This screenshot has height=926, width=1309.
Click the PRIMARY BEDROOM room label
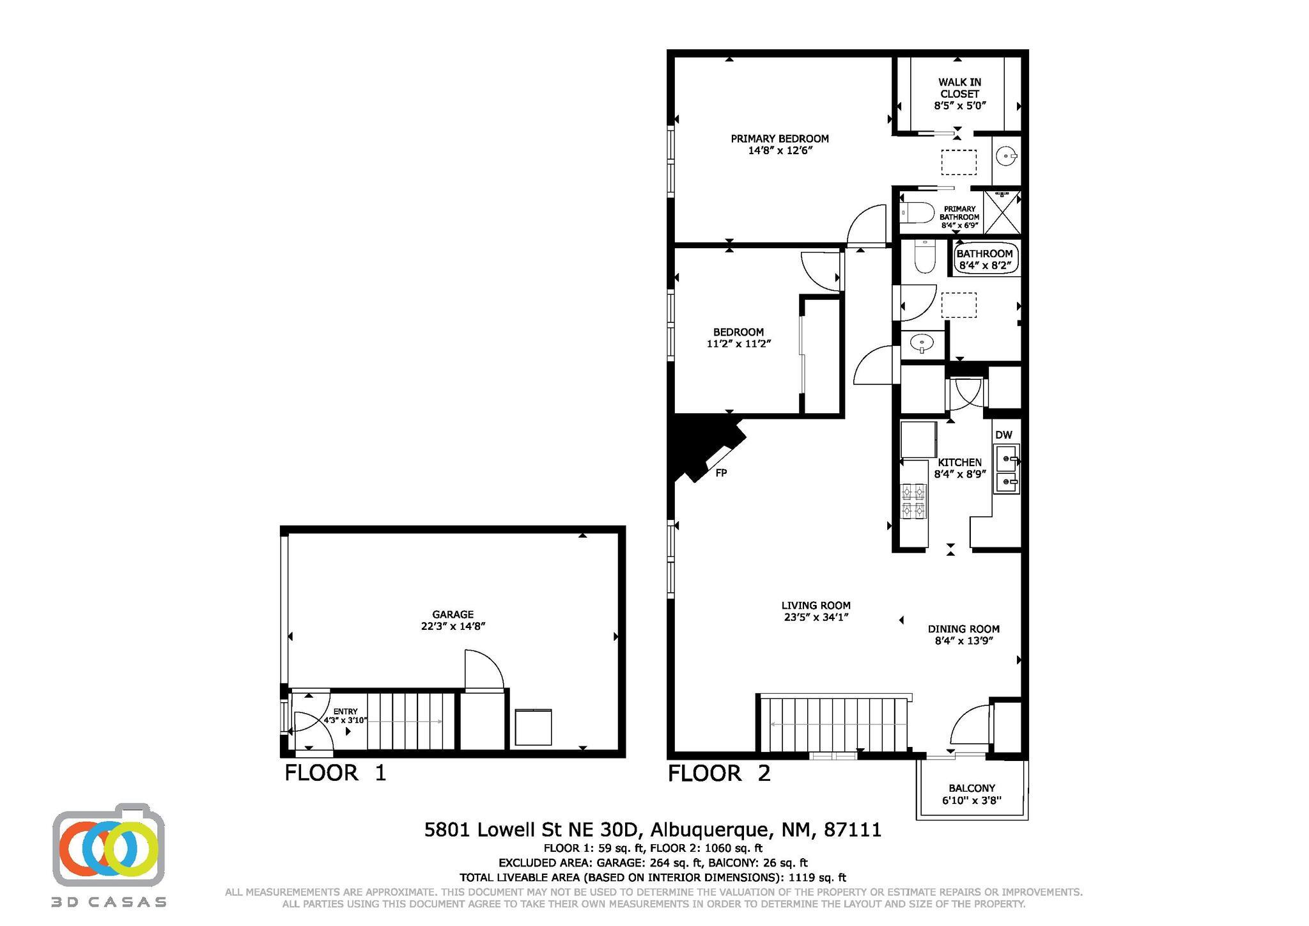[779, 138]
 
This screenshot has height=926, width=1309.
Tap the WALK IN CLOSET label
[959, 88]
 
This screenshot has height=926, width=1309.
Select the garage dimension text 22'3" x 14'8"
[453, 627]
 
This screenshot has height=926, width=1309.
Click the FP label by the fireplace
[721, 473]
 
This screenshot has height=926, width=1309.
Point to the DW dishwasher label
[1003, 435]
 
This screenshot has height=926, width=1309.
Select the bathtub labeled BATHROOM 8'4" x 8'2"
[985, 259]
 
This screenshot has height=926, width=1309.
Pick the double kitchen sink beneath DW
[1006, 470]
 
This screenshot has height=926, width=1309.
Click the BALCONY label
[972, 789]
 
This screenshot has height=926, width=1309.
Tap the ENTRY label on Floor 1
[345, 712]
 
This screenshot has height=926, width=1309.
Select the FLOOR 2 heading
[719, 773]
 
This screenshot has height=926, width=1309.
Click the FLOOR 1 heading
[336, 773]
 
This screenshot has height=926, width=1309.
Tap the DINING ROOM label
[963, 629]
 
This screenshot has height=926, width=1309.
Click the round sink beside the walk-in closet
[1006, 155]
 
